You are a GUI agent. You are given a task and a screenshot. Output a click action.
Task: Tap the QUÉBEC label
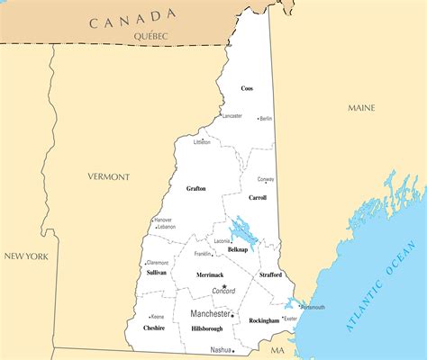pos(150,35)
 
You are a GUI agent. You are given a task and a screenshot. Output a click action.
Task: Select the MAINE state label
pos(361,108)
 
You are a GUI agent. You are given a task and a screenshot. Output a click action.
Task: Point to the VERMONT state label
pos(109,176)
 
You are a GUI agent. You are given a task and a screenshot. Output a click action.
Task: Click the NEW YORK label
pos(26,256)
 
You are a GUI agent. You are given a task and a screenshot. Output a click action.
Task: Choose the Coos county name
pos(247,88)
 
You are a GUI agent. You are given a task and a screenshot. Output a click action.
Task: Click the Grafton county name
pos(195,189)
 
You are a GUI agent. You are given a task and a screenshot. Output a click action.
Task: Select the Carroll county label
pos(258,196)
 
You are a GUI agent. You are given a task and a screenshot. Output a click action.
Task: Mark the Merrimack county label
pos(210,274)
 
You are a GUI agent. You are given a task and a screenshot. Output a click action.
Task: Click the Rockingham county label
pos(264,320)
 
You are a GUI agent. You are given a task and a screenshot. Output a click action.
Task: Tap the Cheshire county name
pos(154,328)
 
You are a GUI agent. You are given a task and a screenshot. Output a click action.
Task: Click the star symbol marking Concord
pos(224,286)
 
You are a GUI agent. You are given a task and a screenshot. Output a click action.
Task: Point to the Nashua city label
pos(220,349)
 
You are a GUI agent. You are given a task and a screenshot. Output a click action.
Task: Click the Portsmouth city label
pos(313,307)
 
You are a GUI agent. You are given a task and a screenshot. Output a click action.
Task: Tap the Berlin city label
pos(266,119)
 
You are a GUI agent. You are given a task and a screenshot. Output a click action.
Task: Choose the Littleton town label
pos(202,142)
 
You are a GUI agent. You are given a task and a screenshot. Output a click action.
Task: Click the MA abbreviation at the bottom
pos(277,349)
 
